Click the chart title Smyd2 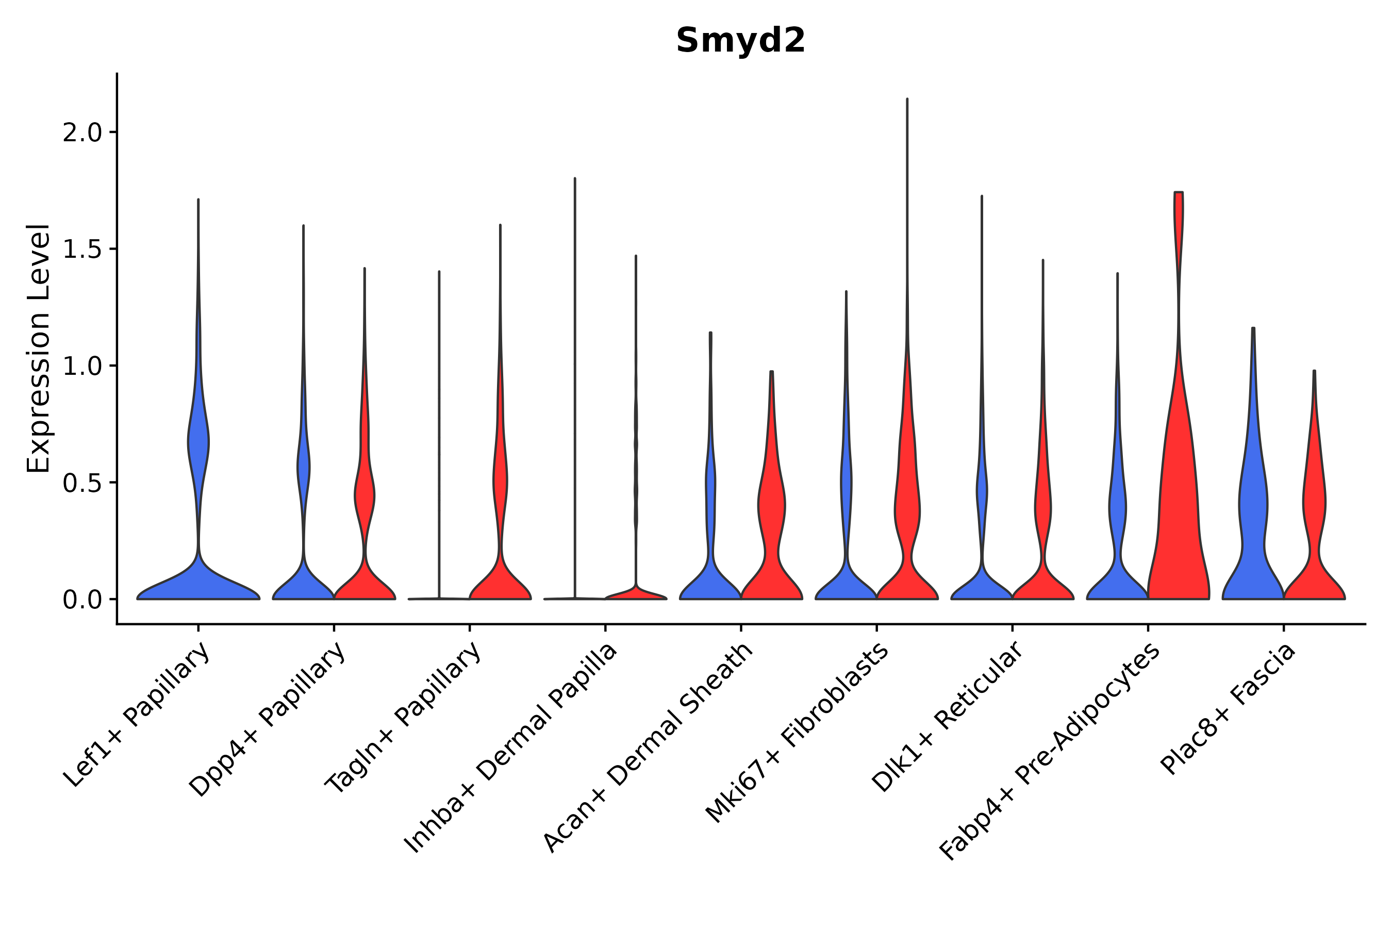740,40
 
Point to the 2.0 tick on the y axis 82,132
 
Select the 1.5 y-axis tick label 82,250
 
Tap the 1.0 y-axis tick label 82,367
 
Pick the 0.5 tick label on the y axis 82,483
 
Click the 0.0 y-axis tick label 82,600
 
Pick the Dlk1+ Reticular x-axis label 947,717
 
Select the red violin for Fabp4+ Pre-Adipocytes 1178,503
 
